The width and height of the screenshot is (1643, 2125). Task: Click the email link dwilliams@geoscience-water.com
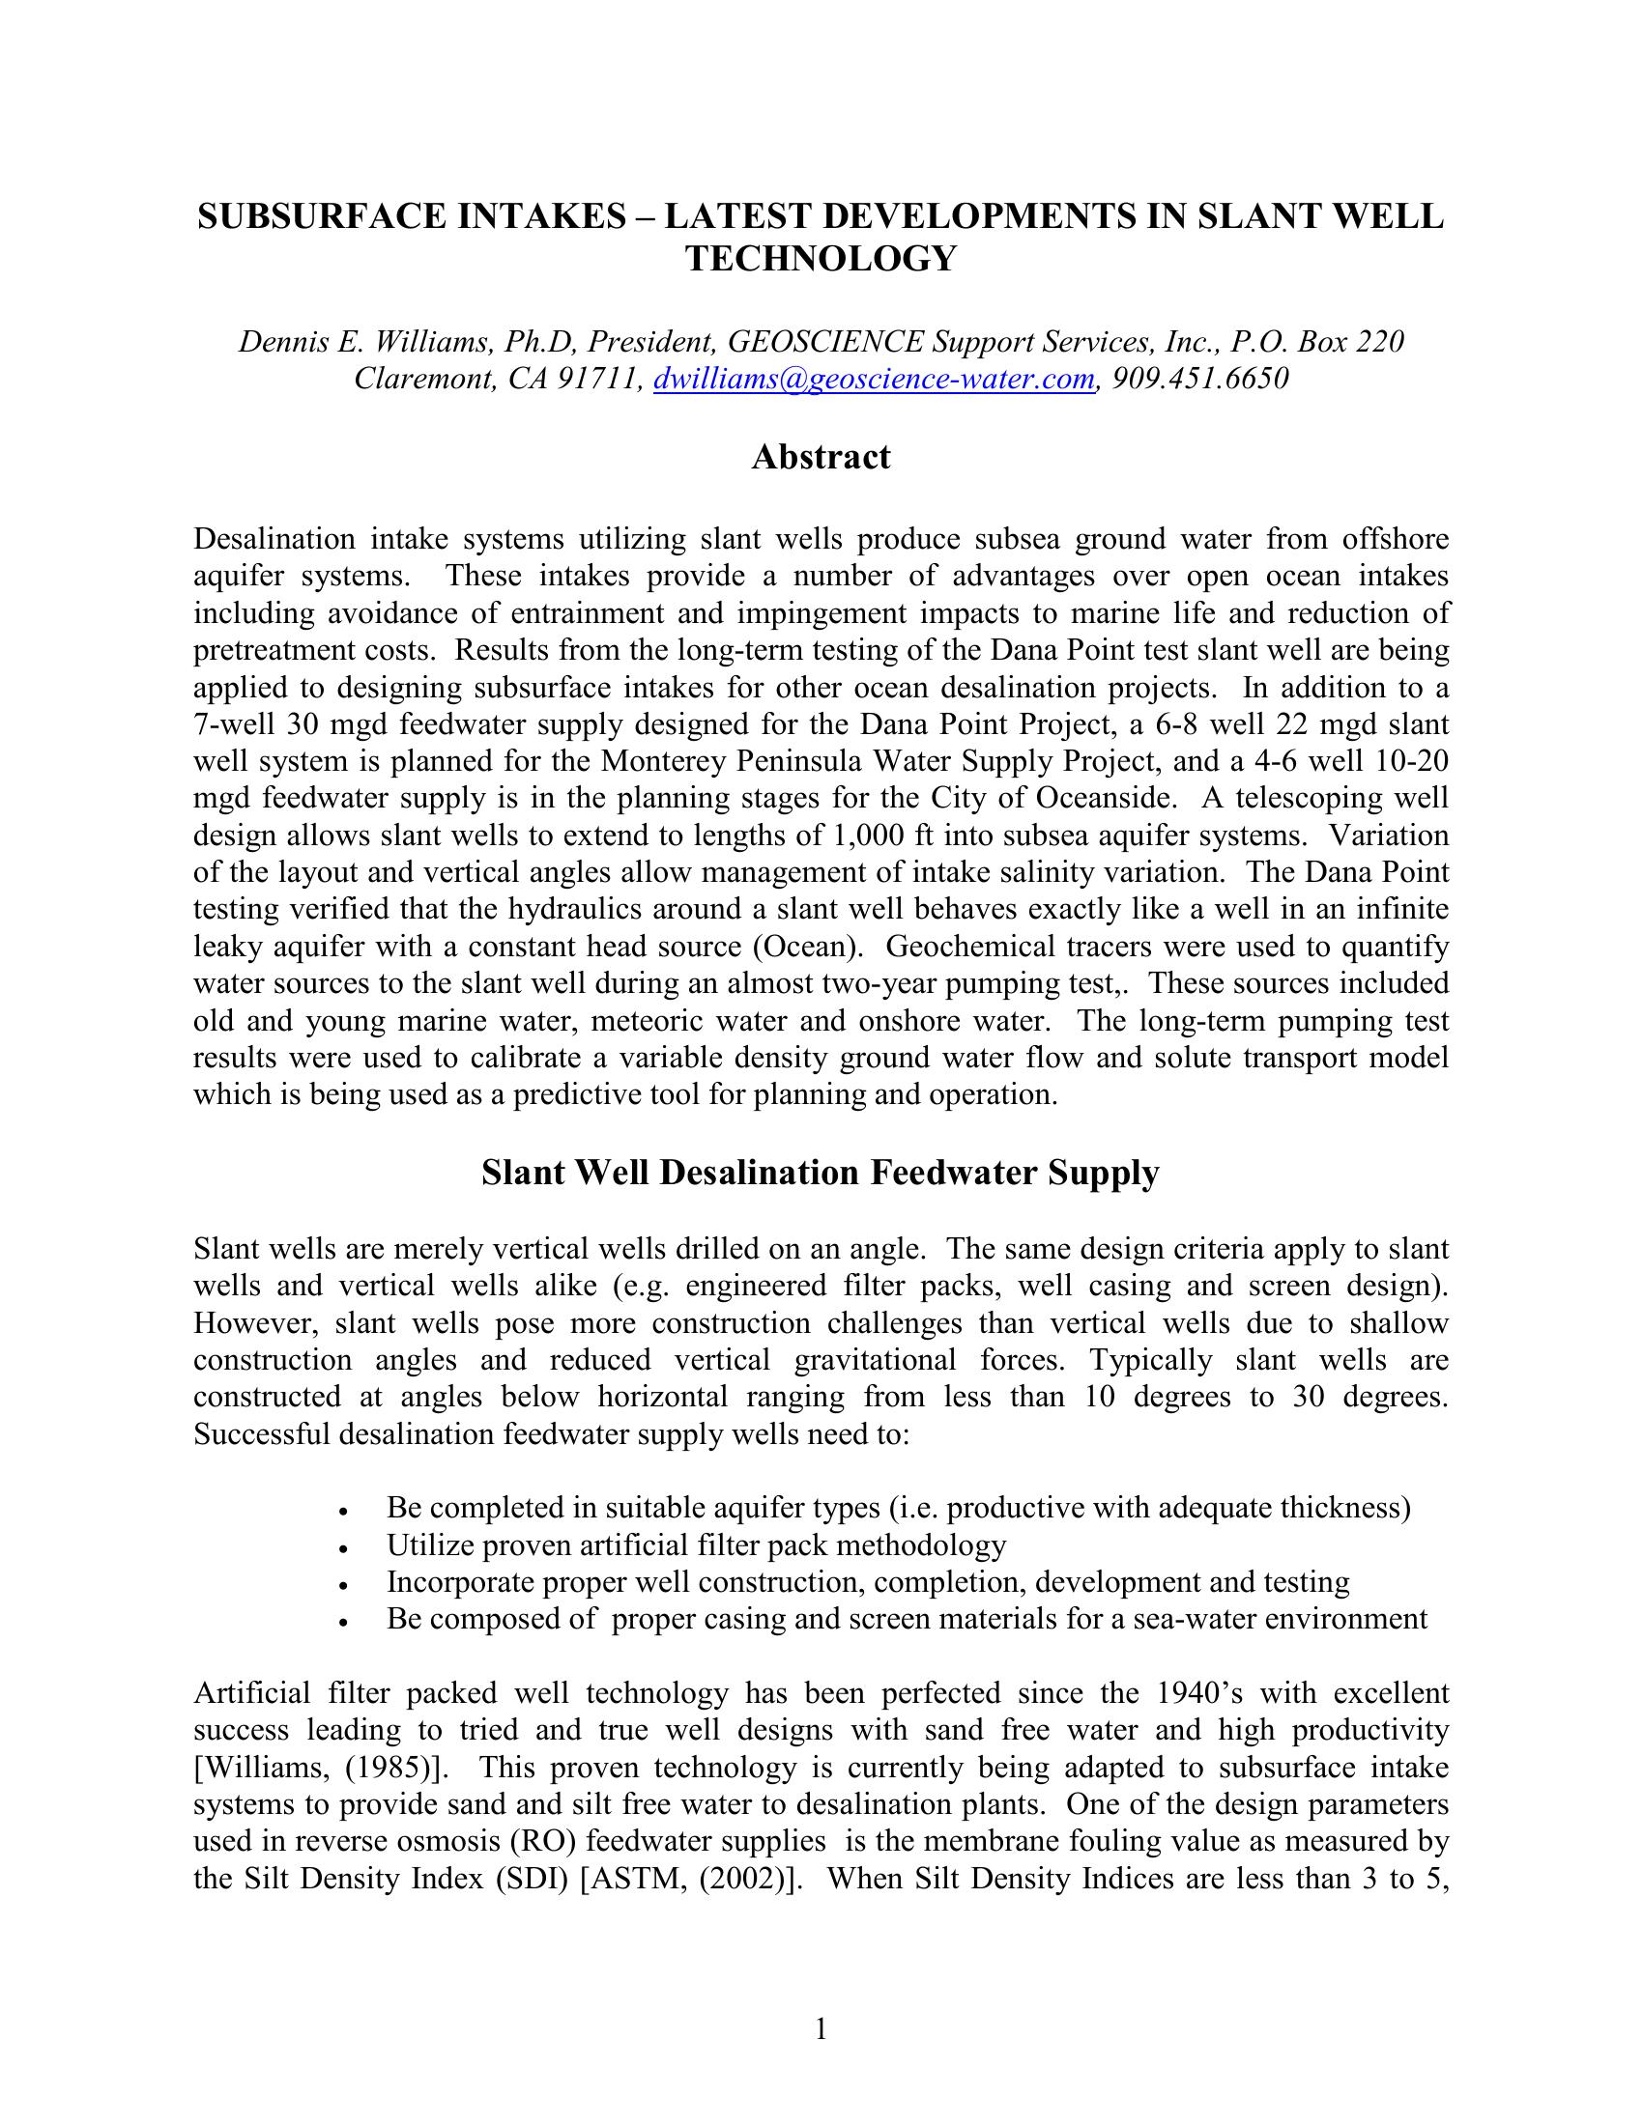pos(874,379)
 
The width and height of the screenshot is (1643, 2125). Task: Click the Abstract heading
pos(821,456)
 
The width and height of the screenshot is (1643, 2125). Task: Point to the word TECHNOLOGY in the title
pos(821,259)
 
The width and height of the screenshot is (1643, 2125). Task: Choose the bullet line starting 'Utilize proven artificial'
pos(696,1545)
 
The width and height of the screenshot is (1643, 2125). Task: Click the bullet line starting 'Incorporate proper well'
pos(867,1582)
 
